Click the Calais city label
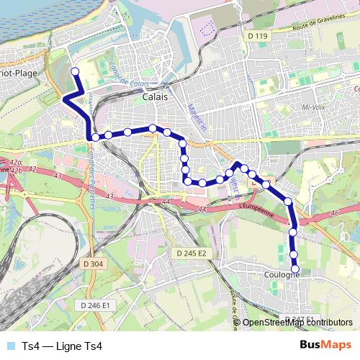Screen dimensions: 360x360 [x=156, y=96]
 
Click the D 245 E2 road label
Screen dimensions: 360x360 [x=192, y=253]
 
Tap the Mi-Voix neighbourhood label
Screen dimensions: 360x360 [x=315, y=107]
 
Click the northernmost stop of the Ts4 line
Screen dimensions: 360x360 [x=74, y=71]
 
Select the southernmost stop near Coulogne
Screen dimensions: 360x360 [x=294, y=269]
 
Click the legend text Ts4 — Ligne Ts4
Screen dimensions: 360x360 [x=62, y=346]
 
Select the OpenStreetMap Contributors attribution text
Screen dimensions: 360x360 [x=297, y=322]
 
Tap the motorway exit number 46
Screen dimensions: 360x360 [x=333, y=214]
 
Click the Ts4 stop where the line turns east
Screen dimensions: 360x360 [x=94, y=136]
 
